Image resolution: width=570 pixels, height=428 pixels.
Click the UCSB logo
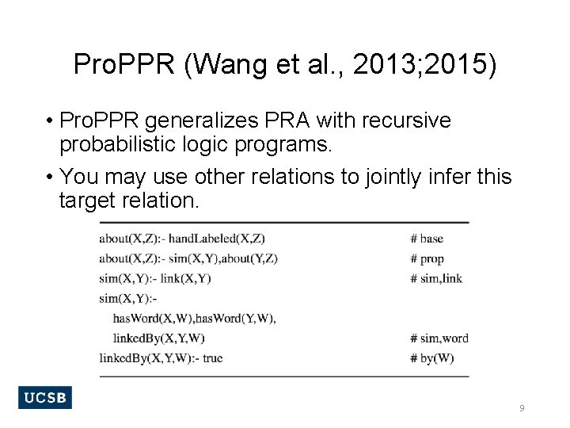pos(44,397)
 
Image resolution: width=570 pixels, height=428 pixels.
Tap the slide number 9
pos(522,407)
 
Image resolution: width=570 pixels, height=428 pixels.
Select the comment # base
pos(427,239)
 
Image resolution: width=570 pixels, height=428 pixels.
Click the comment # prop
pos(427,258)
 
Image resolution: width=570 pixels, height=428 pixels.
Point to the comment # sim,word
pos(439,338)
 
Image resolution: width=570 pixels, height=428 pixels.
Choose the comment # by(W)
pos(432,358)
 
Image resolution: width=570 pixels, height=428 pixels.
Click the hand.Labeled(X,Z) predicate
pos(217,239)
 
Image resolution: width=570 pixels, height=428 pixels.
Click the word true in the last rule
pos(213,358)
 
